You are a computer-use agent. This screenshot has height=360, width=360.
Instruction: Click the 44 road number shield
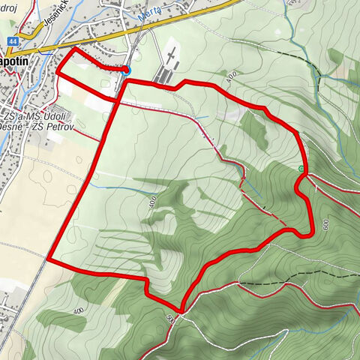[x=13, y=43]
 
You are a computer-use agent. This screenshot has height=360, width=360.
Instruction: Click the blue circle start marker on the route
[x=125, y=70]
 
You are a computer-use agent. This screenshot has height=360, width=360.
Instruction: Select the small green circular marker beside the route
[x=301, y=169]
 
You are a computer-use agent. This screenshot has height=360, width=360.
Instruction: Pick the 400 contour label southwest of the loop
[x=78, y=309]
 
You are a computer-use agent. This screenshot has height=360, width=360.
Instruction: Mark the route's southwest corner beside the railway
[x=49, y=259]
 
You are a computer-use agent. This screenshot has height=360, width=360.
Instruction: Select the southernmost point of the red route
[x=181, y=310]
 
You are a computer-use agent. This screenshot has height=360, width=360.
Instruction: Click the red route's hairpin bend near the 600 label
[x=308, y=234]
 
